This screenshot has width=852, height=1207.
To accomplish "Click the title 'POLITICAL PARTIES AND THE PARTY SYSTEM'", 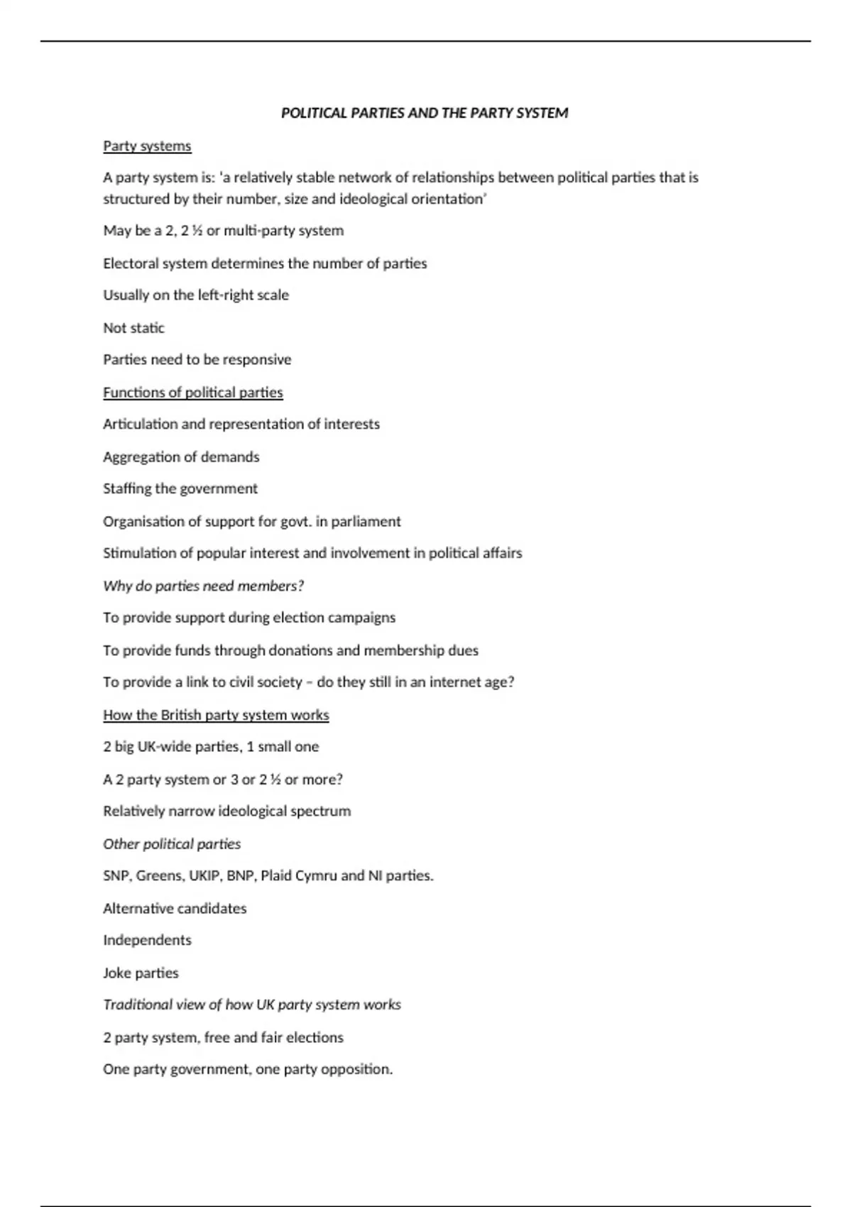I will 425,113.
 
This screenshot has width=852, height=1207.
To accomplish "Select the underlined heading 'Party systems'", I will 147,146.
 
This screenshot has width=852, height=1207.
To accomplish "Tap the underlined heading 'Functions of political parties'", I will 192,393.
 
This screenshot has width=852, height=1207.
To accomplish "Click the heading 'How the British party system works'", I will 216,715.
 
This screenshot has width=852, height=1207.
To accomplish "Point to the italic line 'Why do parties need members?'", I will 203,586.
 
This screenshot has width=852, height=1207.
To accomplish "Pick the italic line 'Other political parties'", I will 172,843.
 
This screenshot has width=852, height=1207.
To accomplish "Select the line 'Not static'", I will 133,328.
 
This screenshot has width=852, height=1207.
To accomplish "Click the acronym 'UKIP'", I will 204,875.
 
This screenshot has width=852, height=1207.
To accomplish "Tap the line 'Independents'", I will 147,940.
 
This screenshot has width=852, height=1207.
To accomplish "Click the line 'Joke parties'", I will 141,973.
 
